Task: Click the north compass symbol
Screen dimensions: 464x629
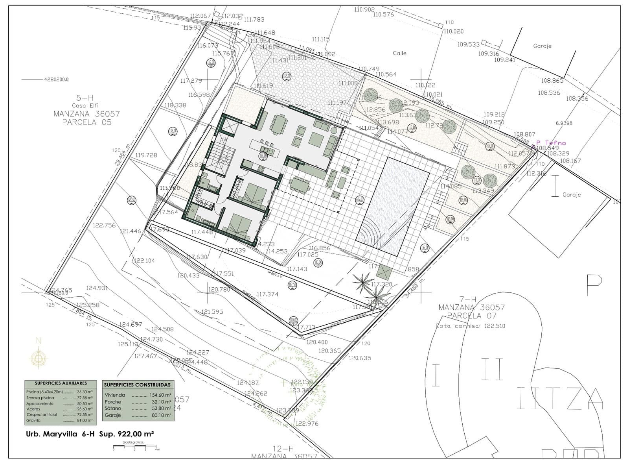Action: [39, 358]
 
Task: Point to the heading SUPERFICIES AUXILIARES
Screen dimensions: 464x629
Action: [61, 383]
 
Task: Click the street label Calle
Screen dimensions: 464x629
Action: [399, 53]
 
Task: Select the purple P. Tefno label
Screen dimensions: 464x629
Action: [551, 143]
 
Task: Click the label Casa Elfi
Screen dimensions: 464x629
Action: [85, 105]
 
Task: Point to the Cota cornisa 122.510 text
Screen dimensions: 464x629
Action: [470, 326]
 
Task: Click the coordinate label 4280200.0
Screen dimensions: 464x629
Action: [56, 79]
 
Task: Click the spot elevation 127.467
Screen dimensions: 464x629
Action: [145, 356]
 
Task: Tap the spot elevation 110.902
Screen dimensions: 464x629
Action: [364, 9]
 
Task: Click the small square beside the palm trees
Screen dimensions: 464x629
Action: [384, 271]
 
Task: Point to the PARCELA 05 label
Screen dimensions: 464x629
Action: [86, 122]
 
